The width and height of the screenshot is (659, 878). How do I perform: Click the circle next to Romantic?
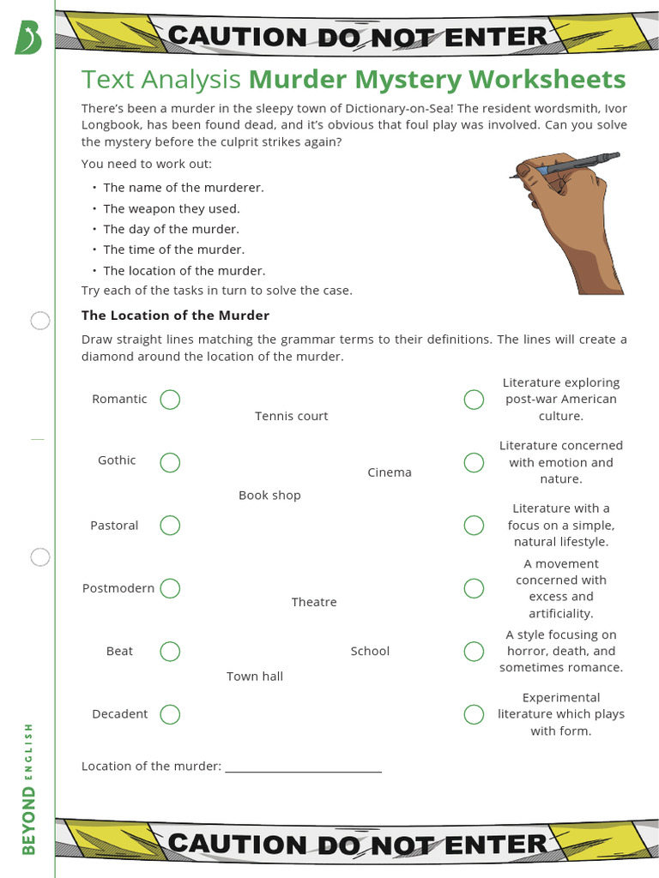click(170, 400)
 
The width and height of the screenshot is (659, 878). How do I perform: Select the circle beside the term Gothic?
click(170, 462)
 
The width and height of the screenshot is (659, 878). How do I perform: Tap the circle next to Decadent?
click(170, 714)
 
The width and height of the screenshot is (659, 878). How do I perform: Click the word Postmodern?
click(118, 588)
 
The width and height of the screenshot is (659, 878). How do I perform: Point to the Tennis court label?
click(291, 416)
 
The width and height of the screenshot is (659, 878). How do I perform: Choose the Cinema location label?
click(390, 472)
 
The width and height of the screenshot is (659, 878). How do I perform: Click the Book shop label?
click(269, 496)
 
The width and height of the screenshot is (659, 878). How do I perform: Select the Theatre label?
click(314, 602)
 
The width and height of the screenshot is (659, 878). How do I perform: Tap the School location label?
click(370, 651)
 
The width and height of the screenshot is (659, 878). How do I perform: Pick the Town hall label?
click(255, 677)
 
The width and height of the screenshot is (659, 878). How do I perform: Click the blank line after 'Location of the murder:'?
click(303, 767)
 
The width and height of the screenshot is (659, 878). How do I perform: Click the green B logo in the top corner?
click(27, 37)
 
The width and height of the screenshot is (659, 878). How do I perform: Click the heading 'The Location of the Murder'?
click(175, 316)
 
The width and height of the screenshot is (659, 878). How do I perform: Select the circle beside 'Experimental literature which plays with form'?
click(474, 714)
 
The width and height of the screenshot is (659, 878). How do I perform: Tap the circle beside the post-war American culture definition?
click(474, 400)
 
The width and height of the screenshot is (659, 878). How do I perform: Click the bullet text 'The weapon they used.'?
click(172, 208)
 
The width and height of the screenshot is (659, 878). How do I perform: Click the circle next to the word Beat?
click(170, 652)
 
